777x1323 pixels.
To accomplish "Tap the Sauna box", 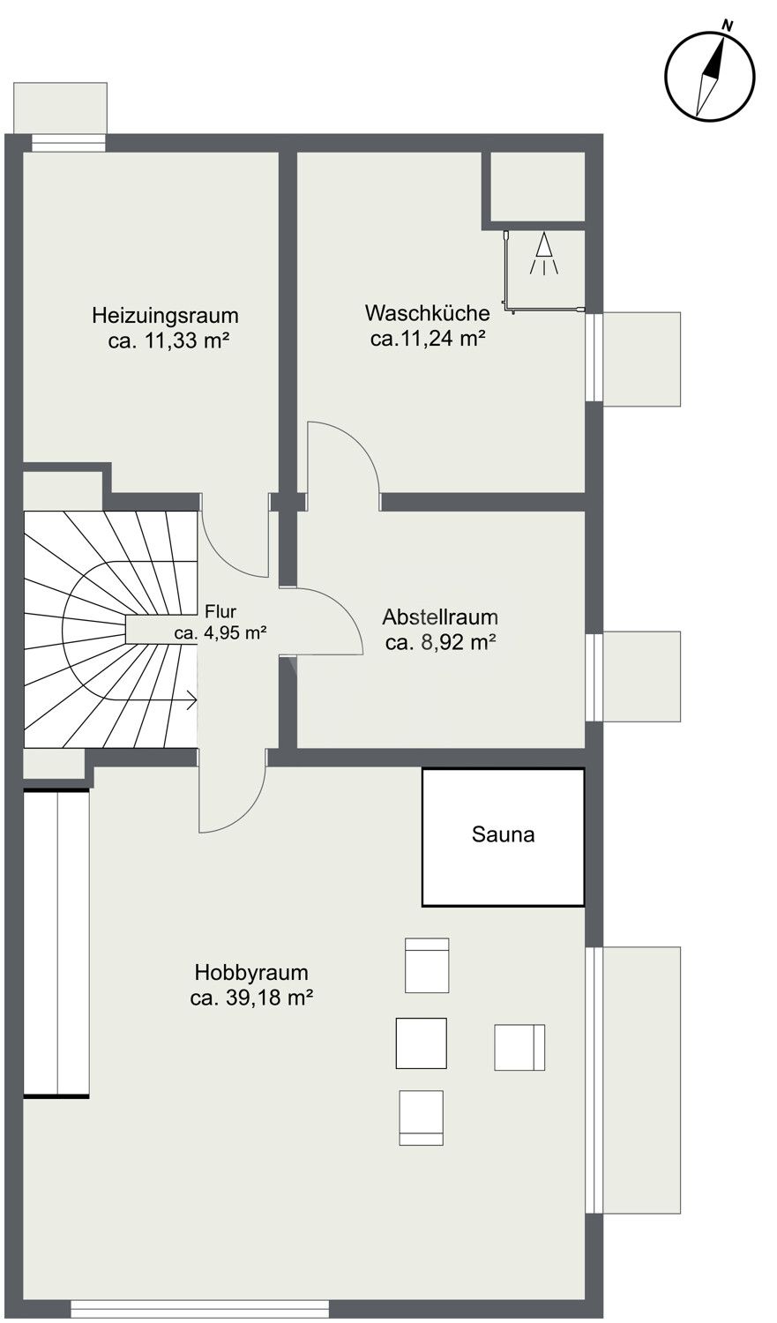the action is point(503,837).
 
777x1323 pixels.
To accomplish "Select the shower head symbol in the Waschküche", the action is point(544,254).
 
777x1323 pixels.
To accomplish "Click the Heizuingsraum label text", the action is point(165,316).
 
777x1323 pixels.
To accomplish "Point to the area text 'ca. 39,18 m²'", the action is point(251,998).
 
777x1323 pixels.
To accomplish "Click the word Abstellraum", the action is point(440,617).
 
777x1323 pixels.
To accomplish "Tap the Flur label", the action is point(220,611).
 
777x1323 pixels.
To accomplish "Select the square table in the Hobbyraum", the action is point(421,1043).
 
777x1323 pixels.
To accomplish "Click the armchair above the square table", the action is point(427,966).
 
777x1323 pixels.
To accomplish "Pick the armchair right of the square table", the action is point(519,1048).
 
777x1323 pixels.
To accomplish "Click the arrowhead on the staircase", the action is point(193,702).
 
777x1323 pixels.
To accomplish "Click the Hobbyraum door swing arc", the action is point(243,812).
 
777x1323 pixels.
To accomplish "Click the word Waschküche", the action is point(428,313).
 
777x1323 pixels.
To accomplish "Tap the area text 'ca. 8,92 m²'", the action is point(440,642).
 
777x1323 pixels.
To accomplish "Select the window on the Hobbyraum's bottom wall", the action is point(200,1309).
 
